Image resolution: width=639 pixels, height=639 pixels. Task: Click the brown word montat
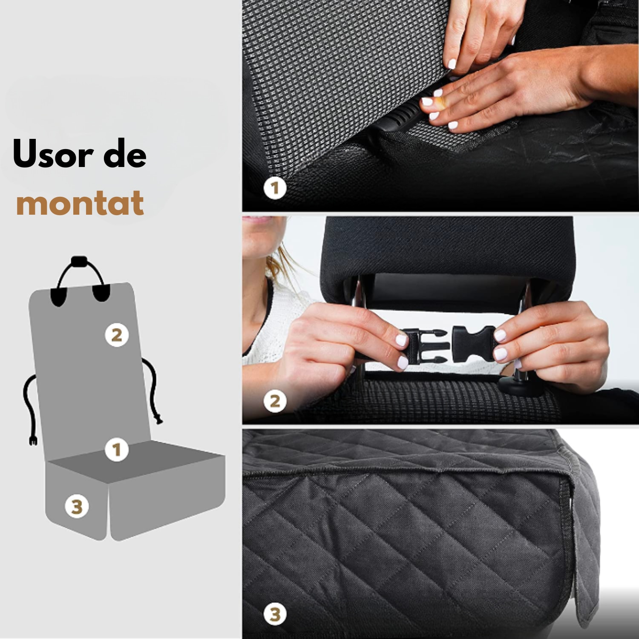coord(80,203)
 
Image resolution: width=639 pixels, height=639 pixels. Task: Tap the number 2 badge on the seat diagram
coord(117,335)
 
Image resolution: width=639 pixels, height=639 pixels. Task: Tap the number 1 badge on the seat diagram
coord(116,449)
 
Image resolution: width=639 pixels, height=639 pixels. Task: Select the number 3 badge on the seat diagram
coord(77,507)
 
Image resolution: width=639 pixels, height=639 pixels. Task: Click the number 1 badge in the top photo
coord(275,188)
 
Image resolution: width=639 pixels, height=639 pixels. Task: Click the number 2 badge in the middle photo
coord(275,401)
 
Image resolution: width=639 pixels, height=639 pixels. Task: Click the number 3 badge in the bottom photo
coord(275,614)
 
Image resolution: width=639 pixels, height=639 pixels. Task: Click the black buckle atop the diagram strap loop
coord(79,261)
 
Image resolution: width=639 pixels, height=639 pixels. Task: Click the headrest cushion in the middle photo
coord(447,247)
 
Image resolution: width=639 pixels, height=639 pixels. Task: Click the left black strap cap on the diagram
coord(58,296)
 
